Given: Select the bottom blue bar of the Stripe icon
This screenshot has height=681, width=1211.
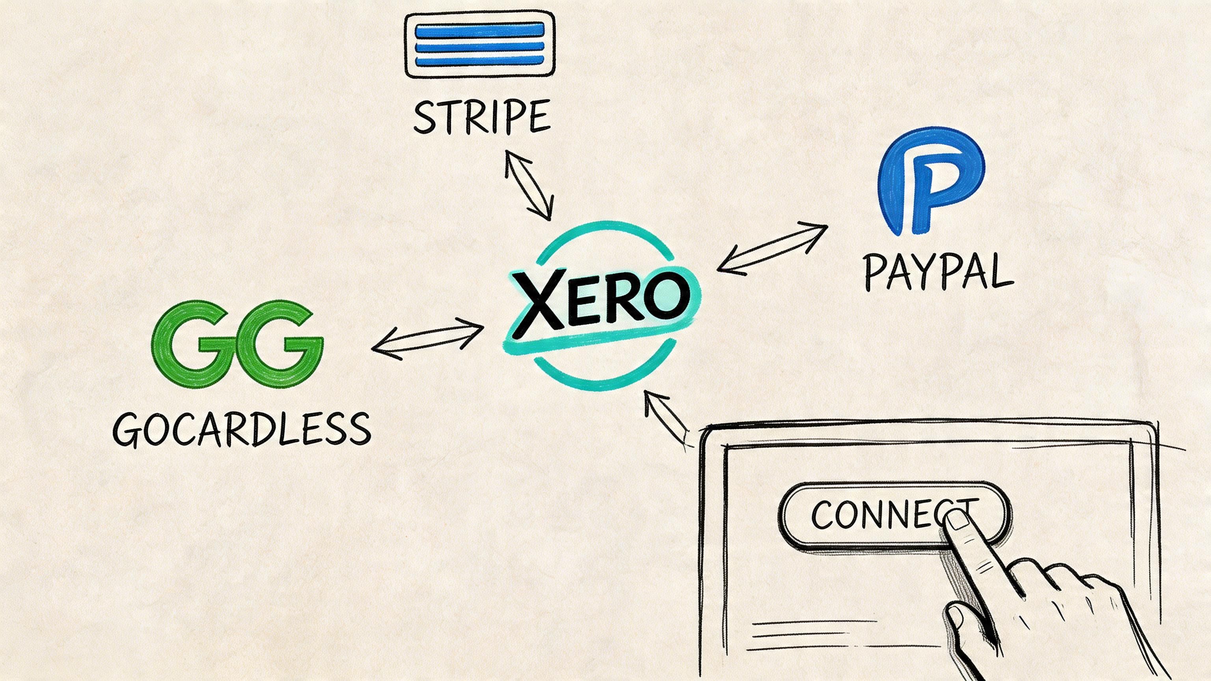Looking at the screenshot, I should [x=479, y=60].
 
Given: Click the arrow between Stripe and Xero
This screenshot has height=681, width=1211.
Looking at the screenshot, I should [x=527, y=185].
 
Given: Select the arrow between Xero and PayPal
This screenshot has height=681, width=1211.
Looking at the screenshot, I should [x=772, y=249].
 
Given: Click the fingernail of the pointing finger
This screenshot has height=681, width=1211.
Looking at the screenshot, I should [x=957, y=521].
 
